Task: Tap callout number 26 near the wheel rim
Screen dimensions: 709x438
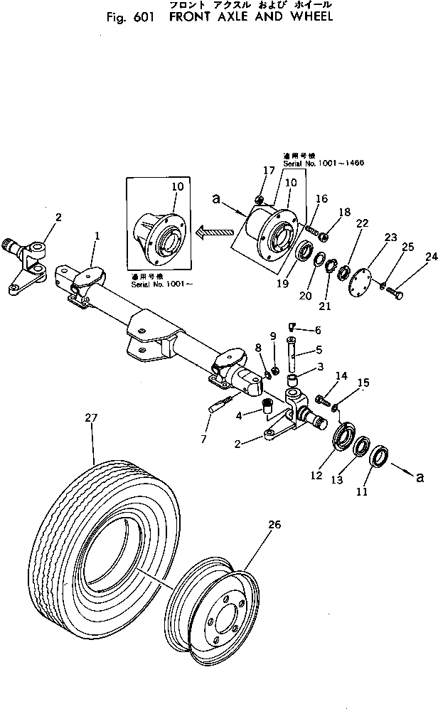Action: [x=274, y=525]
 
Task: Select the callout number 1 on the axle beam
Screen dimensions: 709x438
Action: [x=97, y=235]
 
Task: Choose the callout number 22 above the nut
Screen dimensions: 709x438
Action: [x=362, y=223]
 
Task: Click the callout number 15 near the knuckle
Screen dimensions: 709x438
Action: [x=363, y=383]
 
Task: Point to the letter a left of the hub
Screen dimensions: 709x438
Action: [x=215, y=201]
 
